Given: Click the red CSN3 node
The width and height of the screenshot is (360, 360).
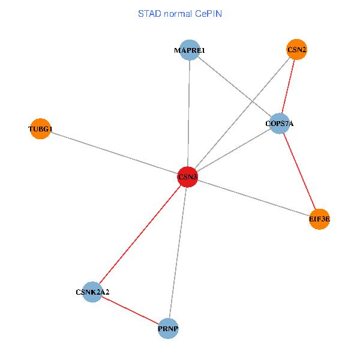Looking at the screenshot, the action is pos(188,177).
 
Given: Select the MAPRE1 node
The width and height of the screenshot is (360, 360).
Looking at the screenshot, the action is pos(190,51).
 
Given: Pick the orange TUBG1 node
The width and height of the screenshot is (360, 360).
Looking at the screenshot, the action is pos(40,128).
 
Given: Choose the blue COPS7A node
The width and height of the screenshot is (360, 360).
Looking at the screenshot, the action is pos(280,124).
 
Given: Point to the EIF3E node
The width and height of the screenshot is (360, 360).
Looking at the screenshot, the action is pos(319,220).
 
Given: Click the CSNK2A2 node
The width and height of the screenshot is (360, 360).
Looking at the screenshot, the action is pos(92,292).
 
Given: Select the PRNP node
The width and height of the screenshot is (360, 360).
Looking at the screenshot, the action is pos(169,329).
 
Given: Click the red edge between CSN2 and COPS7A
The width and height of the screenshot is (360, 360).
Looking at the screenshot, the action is pos(288,87).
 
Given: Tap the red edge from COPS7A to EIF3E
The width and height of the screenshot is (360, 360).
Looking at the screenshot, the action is pos(299,172).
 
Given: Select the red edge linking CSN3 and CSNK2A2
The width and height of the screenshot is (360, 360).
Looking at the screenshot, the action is pos(140,235).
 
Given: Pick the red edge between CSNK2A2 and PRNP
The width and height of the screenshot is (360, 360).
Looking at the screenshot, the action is pos(130,310).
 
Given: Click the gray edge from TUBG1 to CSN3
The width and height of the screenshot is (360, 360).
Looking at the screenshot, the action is pos(114,153).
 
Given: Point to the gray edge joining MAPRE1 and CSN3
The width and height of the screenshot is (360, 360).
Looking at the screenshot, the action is pos(189,114).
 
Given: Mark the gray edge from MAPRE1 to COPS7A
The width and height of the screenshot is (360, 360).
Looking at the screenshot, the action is pos(235,88).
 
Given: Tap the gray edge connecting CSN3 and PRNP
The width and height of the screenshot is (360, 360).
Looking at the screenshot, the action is pos(178,253).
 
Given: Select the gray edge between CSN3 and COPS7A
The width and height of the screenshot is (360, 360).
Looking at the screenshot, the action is pos(234,150).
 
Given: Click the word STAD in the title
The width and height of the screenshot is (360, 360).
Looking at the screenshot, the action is pos(149,13).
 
